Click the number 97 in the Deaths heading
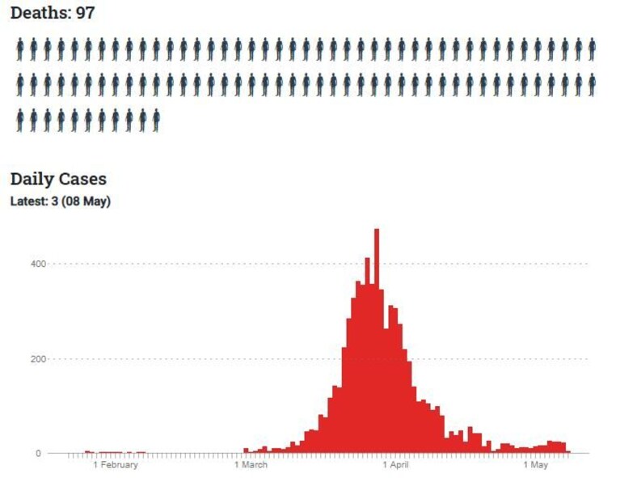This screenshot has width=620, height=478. [86, 13]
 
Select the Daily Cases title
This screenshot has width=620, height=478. [58, 180]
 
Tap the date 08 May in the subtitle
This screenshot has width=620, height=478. [86, 201]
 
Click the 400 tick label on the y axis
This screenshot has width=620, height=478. [38, 264]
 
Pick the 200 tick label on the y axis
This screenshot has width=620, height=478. [38, 359]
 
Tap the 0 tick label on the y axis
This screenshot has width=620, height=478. [38, 454]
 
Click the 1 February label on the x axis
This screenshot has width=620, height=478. [116, 464]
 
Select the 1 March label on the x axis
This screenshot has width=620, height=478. [251, 464]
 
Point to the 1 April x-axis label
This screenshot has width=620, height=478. [395, 464]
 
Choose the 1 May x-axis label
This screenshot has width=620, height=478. [536, 464]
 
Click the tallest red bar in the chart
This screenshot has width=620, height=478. [377, 341]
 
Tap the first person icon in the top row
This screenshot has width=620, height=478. [20, 49]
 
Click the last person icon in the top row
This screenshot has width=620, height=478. [592, 49]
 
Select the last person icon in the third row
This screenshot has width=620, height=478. [157, 121]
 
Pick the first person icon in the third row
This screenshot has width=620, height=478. [20, 121]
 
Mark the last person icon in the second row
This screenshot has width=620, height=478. [592, 85]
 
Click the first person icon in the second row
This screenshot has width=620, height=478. [20, 85]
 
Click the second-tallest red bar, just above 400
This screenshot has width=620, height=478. [367, 355]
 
